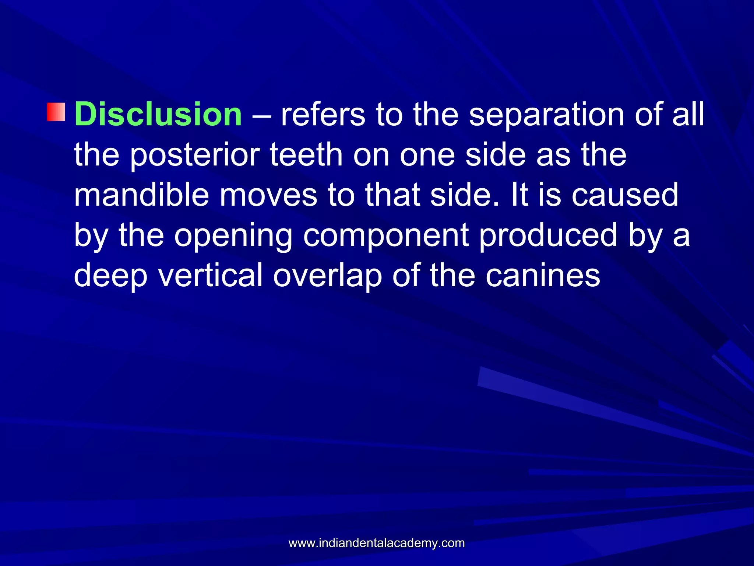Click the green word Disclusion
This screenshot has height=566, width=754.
click(x=158, y=114)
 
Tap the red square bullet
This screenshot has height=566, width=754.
click(x=56, y=112)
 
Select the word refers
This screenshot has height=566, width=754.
click(x=323, y=114)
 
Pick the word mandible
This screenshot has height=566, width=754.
click(x=141, y=195)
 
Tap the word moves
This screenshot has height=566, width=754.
click(x=268, y=196)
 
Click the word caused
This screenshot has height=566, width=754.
click(x=624, y=195)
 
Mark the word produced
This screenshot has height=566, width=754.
click(x=548, y=236)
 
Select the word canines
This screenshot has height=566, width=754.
click(x=543, y=276)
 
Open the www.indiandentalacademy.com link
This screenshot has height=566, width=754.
click(x=377, y=543)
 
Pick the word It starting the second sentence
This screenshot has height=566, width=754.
click(x=519, y=195)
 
